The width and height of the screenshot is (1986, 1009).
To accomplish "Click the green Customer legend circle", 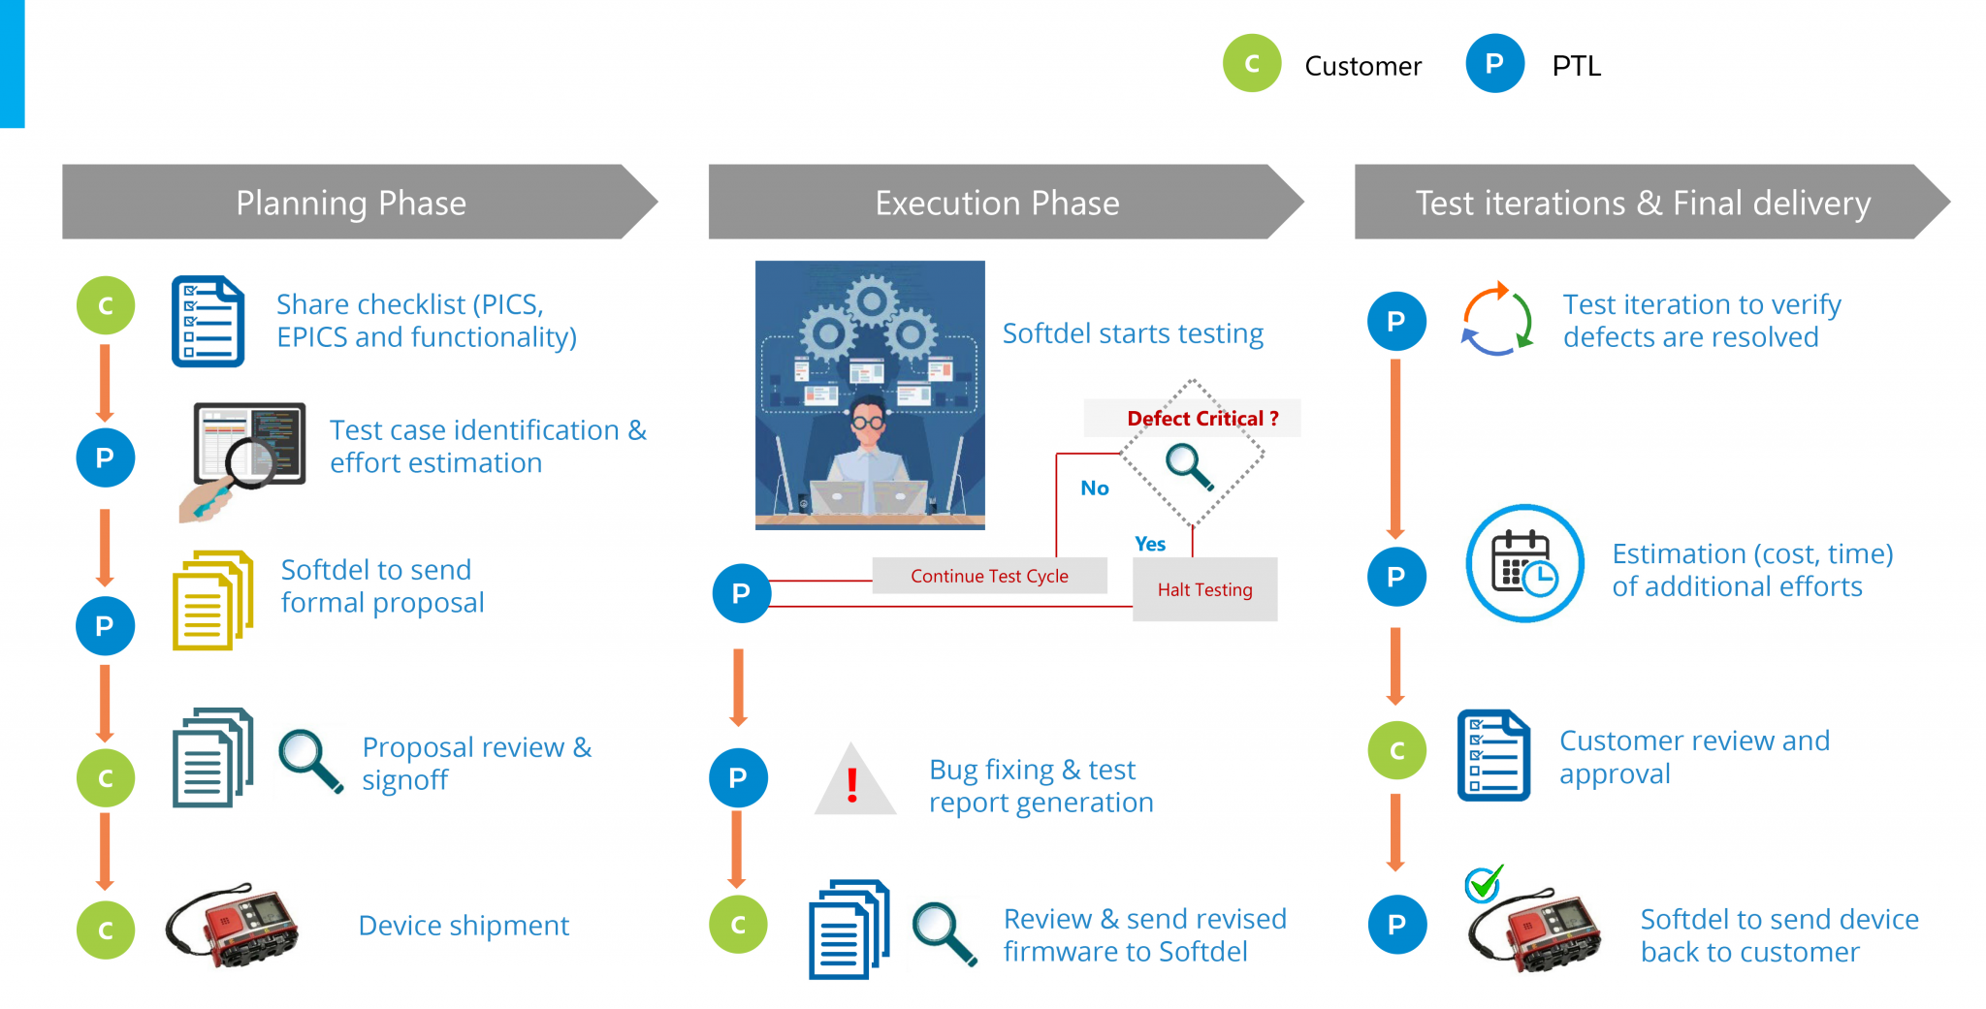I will point(1252,64).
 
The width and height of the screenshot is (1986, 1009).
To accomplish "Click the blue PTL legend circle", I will point(1494,64).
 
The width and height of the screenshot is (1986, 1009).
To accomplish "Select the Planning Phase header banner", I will point(351,203).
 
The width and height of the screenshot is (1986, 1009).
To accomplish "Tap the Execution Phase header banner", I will point(997,203).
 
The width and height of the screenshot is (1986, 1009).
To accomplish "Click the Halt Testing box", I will point(1204,589).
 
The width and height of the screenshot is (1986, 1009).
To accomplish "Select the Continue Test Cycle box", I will point(989,576).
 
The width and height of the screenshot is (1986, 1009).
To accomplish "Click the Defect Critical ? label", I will point(1202,419).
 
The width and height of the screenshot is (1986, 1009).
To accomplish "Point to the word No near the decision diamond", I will point(1094,489).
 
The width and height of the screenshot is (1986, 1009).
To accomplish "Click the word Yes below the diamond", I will point(1150,544).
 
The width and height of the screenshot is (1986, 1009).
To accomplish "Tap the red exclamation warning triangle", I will point(853,783).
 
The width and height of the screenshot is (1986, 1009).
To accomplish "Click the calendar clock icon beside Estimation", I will point(1524,564).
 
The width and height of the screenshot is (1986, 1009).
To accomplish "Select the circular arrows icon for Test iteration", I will point(1496,320).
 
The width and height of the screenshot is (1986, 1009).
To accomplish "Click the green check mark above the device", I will point(1484,883).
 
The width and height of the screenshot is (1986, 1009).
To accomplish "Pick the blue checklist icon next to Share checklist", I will point(208,322).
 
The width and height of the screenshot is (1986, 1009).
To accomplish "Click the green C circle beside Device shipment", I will point(106,930).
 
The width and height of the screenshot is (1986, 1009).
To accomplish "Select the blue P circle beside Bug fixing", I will point(738,777).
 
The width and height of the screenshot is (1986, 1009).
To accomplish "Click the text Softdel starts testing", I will point(1132,333).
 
